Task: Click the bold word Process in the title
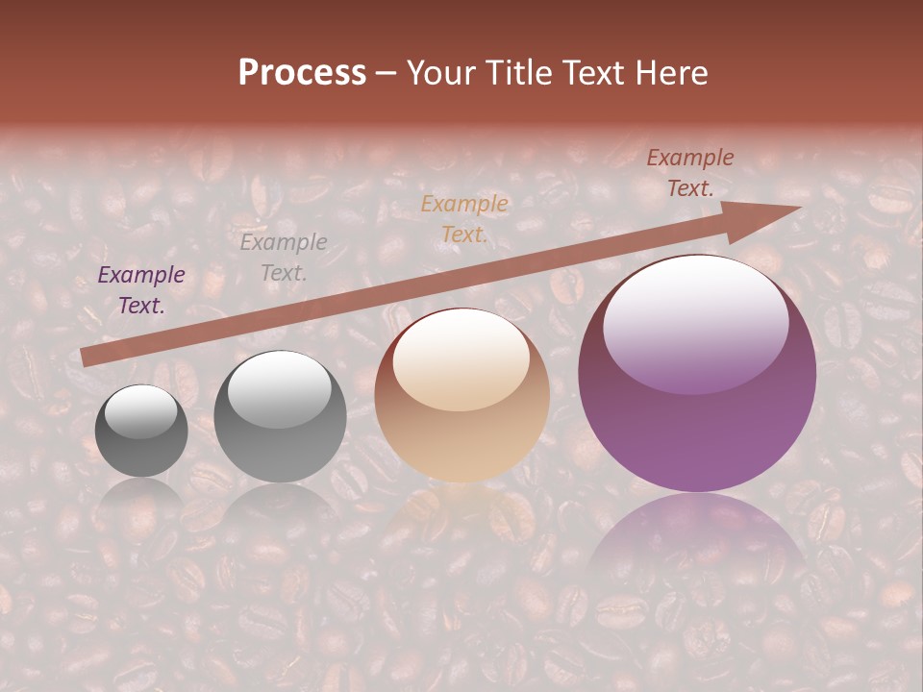coord(302,73)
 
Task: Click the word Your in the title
coord(443,73)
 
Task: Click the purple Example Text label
coord(141,290)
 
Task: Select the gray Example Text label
coord(284,257)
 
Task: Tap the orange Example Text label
coord(464,218)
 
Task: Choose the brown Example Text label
coord(690,173)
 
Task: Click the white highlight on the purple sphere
coord(695,322)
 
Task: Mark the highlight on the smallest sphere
coord(141,411)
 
